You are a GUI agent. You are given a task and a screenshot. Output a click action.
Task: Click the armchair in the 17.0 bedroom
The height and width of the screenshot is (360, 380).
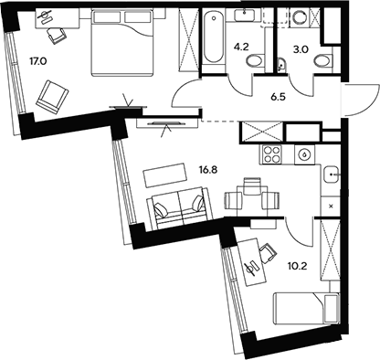pyautogui.click(x=54, y=94)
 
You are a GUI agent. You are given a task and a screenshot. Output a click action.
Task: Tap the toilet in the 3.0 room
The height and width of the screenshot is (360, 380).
pyautogui.click(x=322, y=59)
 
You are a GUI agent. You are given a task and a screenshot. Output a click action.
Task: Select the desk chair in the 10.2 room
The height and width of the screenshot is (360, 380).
pyautogui.click(x=267, y=251)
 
